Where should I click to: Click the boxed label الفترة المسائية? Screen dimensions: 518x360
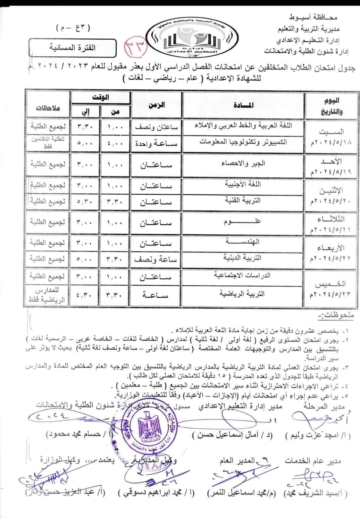tap(72, 47)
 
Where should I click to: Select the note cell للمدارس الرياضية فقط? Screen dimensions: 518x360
tap(47, 295)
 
